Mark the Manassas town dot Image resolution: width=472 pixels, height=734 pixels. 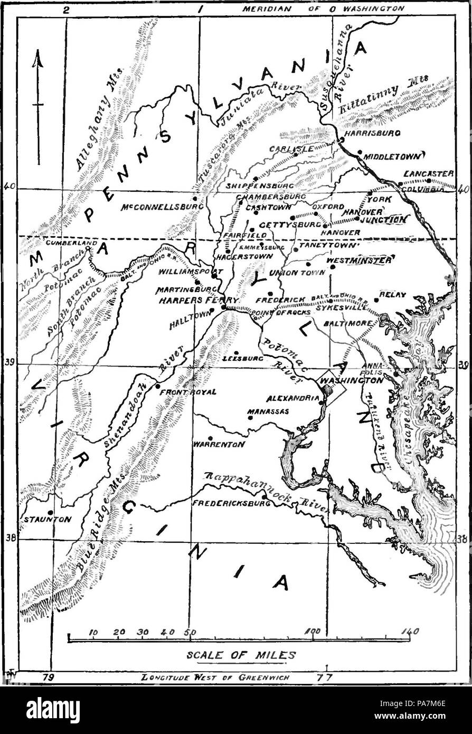251,417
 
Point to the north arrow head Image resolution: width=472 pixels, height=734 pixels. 37,59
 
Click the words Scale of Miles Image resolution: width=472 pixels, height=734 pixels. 242,654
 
